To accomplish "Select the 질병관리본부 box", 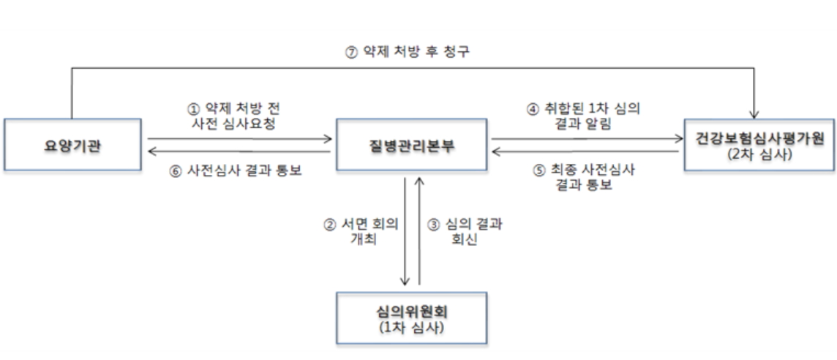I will (412, 144).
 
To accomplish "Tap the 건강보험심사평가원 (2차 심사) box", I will (759, 144).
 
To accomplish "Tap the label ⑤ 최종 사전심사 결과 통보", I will (584, 178).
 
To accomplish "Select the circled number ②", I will (330, 225).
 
